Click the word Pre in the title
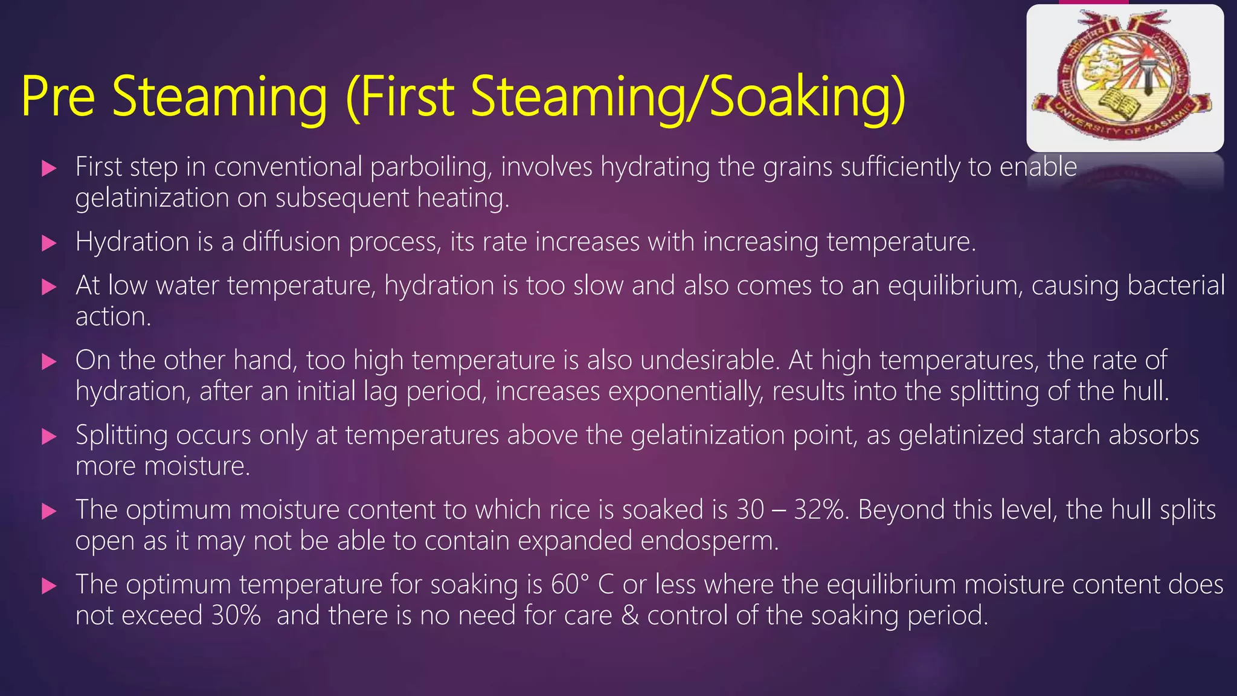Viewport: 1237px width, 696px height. coord(58,97)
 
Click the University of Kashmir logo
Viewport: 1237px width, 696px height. coord(1125,77)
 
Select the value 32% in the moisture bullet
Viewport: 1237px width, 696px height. coord(821,510)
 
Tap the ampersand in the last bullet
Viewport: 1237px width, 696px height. coord(630,616)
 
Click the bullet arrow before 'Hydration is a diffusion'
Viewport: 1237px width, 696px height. coord(49,243)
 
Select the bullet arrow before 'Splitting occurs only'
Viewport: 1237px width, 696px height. coord(49,436)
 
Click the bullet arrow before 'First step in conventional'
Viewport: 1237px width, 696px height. coord(49,168)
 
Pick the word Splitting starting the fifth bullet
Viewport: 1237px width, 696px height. coord(121,436)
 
